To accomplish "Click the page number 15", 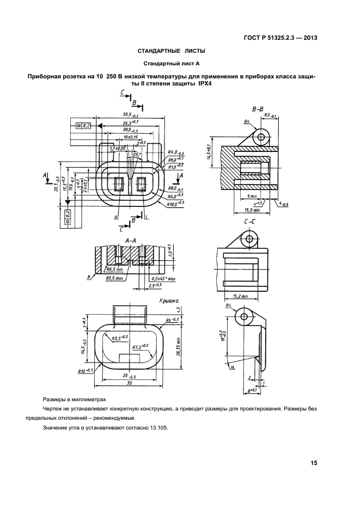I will coord(314,463).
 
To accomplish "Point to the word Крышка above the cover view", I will coord(170,300).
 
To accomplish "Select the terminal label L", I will coord(147,217).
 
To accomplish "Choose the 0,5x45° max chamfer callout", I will coord(163,279).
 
